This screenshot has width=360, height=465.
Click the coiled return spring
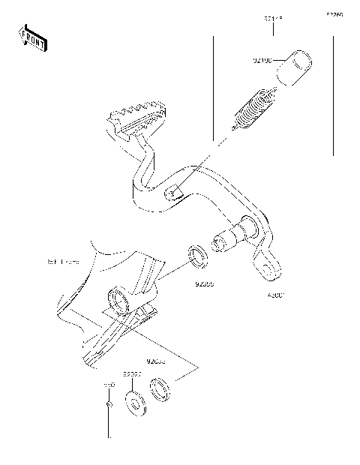click(x=253, y=110)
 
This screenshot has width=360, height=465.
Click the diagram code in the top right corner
click(x=334, y=14)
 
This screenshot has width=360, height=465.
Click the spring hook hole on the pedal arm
click(x=173, y=193)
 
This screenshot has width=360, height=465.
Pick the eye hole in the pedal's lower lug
click(x=265, y=268)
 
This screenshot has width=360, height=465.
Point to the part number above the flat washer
click(x=133, y=372)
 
